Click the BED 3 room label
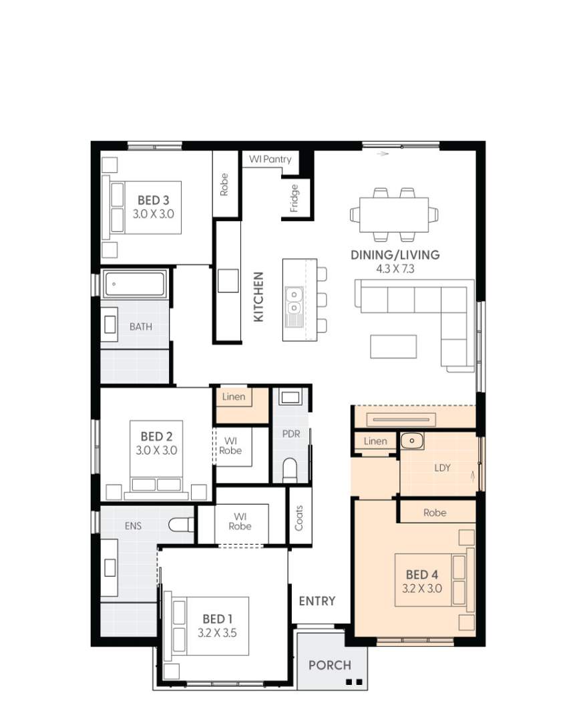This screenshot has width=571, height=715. coord(153,200)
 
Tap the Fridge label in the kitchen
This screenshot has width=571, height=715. coord(295,198)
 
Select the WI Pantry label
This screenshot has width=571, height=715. coord(270,160)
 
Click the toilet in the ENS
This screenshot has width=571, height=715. coord(181,525)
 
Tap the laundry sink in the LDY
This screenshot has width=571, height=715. coord(411,441)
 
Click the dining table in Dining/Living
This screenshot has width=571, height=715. coord(393,214)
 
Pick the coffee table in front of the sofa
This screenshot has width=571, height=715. coord(393,346)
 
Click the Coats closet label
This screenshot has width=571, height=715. coord(299,517)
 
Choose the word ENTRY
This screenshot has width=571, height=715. coord(317,601)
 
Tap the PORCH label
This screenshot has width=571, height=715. coord(330,665)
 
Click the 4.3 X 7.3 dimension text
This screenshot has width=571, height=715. coord(395,270)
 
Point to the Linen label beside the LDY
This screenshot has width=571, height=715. coord(375,441)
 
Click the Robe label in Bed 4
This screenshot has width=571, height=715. coord(435,513)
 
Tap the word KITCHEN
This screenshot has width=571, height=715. coord(258,296)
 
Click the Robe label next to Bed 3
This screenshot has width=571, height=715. coord(224,185)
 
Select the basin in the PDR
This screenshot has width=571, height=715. coord(291,398)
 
